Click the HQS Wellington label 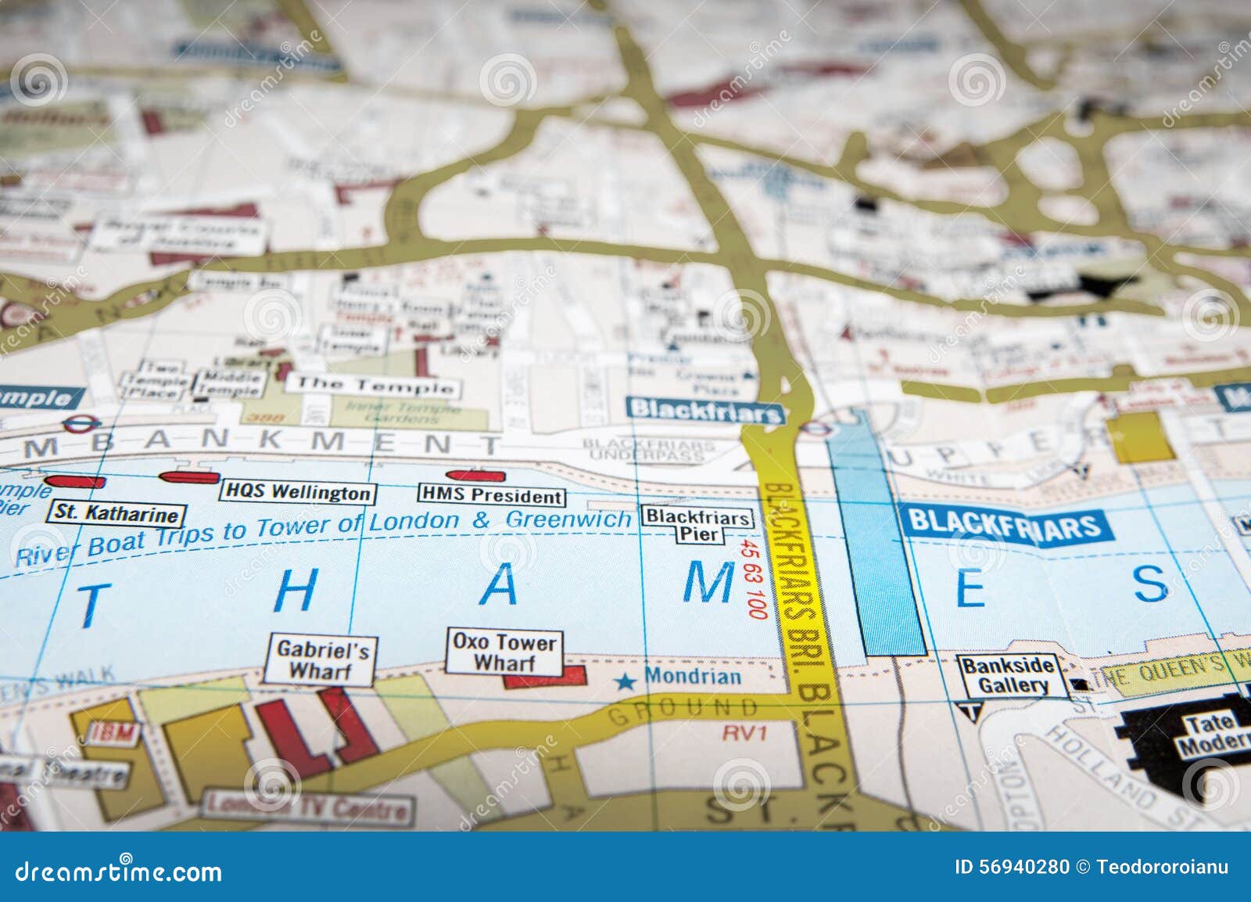297,492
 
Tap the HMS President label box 491,495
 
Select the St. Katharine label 117,514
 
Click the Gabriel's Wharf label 318,660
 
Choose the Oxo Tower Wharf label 504,652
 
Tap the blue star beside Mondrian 625,682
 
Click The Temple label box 373,385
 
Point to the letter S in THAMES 1151,584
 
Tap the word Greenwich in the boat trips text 568,519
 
